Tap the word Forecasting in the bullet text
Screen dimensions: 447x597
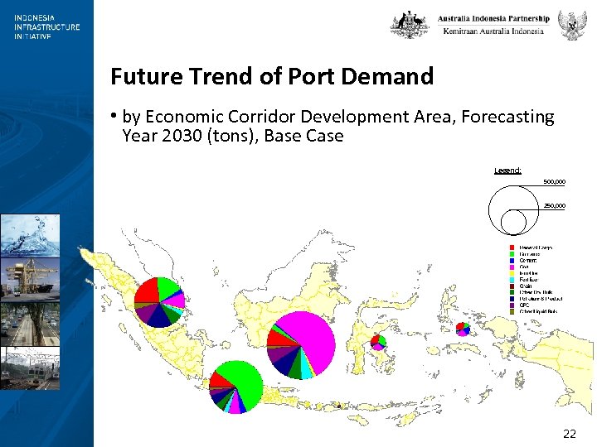506,117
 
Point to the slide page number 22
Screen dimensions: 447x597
569,433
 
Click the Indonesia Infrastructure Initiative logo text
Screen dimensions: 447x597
46,26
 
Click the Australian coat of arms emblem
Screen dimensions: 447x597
410,24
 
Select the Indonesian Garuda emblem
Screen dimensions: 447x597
570,25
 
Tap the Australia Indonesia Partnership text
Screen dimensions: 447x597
493,18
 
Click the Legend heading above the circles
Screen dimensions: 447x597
507,171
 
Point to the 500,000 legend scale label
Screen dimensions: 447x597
554,181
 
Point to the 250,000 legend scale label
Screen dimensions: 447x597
554,205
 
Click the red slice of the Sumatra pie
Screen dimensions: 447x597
147,291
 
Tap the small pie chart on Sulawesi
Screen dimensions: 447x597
378,340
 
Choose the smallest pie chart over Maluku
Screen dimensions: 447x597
463,328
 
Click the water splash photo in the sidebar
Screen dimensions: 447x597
30,235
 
